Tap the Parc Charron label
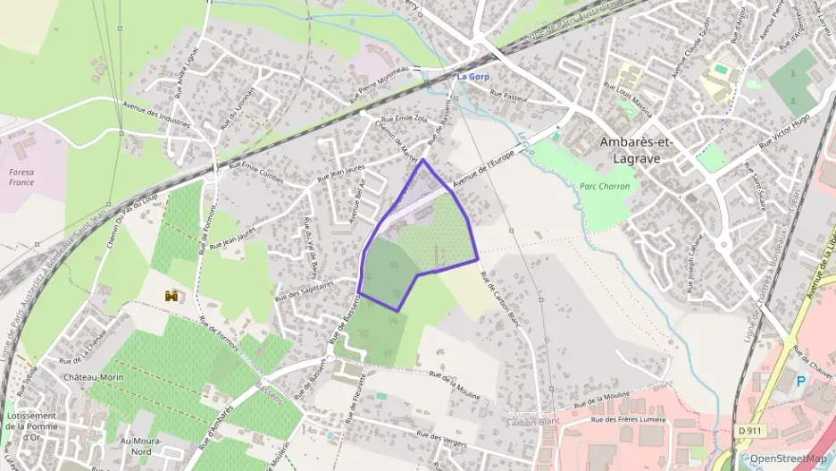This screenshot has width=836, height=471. tap(605, 186)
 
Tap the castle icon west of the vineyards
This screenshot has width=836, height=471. tap(171, 294)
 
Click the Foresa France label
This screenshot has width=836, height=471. tap(21, 176)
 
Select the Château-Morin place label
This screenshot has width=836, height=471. tap(93, 377)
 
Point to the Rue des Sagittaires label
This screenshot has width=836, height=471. tap(305, 290)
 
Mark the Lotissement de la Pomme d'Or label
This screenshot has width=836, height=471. tap(31, 426)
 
